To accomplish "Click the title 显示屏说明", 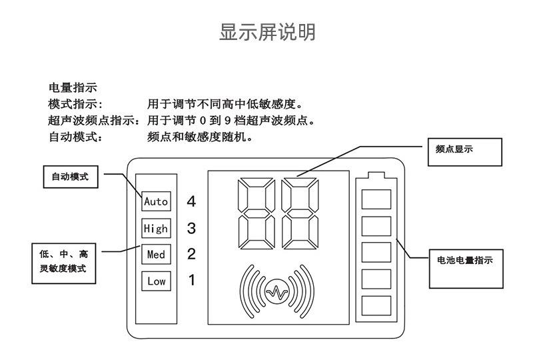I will (267, 32).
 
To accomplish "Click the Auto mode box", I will (157, 201).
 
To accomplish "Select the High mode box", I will (157, 229).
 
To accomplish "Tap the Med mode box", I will (157, 255).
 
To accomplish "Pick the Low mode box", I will (157, 281).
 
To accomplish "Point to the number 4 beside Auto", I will (192, 201).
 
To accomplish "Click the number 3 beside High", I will (192, 229).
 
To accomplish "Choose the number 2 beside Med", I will (192, 255).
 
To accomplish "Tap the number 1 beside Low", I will (192, 281).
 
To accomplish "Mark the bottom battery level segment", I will (376, 306).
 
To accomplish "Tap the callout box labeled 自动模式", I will (71, 177).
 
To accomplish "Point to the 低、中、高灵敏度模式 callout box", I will (63, 261).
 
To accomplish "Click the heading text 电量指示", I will (73, 87).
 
